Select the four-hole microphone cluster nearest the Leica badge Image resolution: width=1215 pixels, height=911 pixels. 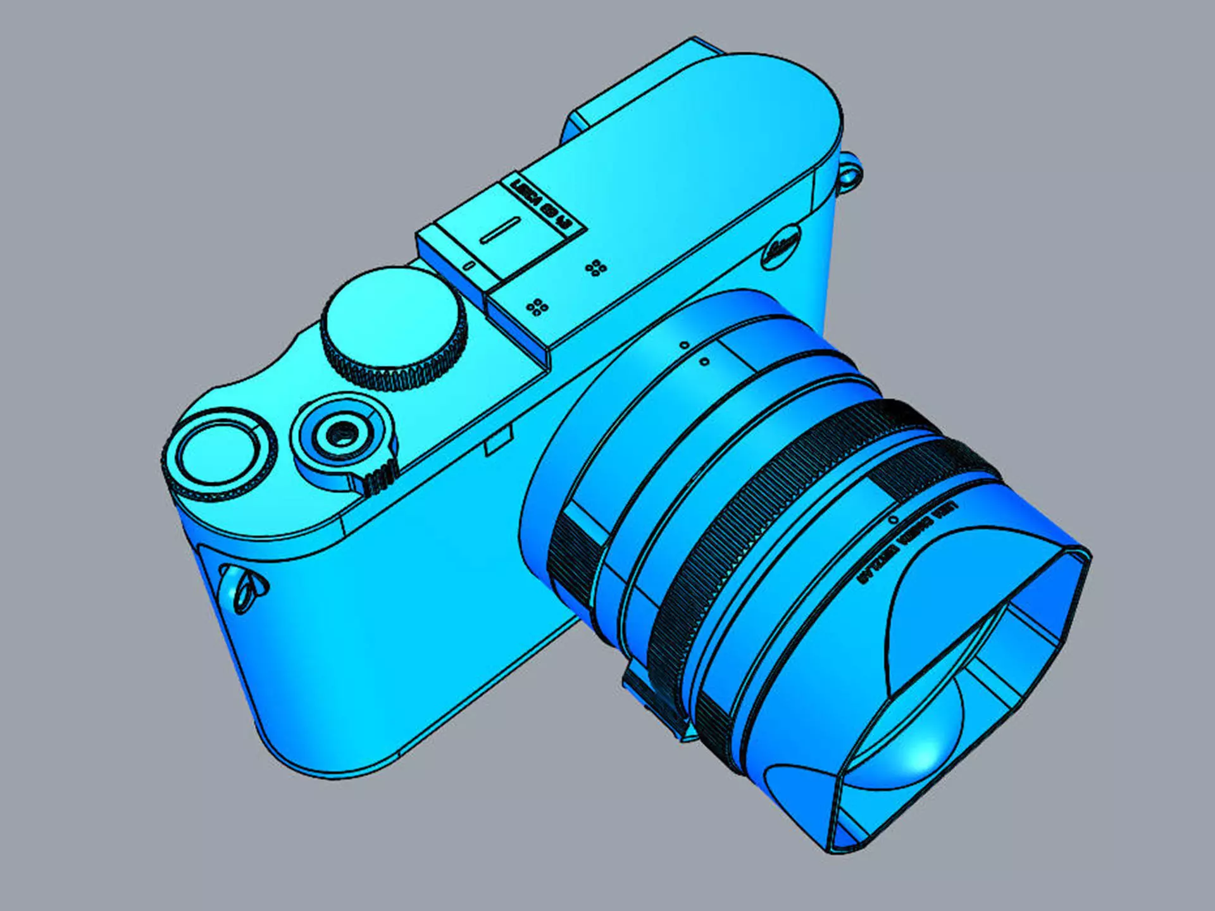pos(595,268)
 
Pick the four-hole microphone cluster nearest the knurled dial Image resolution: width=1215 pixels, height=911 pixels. pos(537,307)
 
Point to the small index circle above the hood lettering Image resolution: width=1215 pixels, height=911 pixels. pos(894,519)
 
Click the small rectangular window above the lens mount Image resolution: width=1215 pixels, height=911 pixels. pos(498,441)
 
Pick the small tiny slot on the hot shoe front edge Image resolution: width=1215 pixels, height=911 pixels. pos(469,266)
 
